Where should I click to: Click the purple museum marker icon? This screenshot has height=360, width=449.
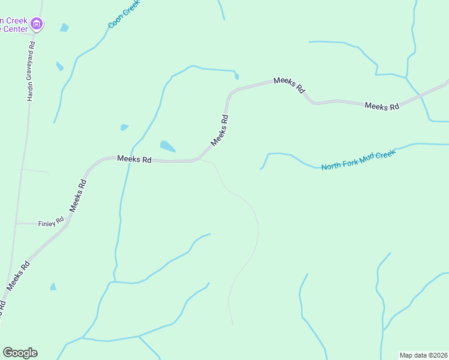point(37,24)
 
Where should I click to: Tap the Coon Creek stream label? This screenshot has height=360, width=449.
point(124,14)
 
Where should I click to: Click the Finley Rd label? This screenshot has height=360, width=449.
point(51,224)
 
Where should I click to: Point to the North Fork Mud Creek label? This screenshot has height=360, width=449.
point(358,160)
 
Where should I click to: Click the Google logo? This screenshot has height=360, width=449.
point(20,353)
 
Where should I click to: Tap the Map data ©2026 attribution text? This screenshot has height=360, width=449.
point(423,355)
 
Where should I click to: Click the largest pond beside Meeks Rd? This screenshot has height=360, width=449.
point(167,146)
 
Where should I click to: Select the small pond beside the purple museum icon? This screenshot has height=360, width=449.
point(64,28)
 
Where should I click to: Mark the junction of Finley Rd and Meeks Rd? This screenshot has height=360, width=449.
point(67,223)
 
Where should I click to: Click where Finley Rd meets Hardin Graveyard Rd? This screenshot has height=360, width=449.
point(16,224)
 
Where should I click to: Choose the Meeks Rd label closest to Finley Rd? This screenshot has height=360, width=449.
point(78,194)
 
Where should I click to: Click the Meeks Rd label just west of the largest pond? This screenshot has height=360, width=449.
point(133,160)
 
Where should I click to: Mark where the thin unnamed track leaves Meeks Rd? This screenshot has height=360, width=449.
point(200,160)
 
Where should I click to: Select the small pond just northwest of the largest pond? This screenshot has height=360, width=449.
point(124,127)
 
